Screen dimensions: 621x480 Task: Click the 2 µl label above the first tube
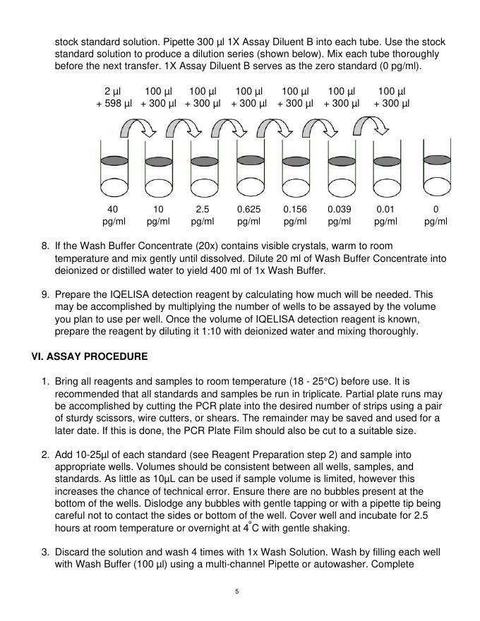112,92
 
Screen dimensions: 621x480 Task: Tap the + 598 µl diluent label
114,104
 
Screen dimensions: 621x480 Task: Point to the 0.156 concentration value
294,210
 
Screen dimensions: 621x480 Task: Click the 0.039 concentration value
340,210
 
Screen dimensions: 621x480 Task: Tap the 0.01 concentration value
385,210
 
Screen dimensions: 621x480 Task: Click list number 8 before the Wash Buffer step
44,246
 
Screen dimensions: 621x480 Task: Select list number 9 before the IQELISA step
44,294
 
